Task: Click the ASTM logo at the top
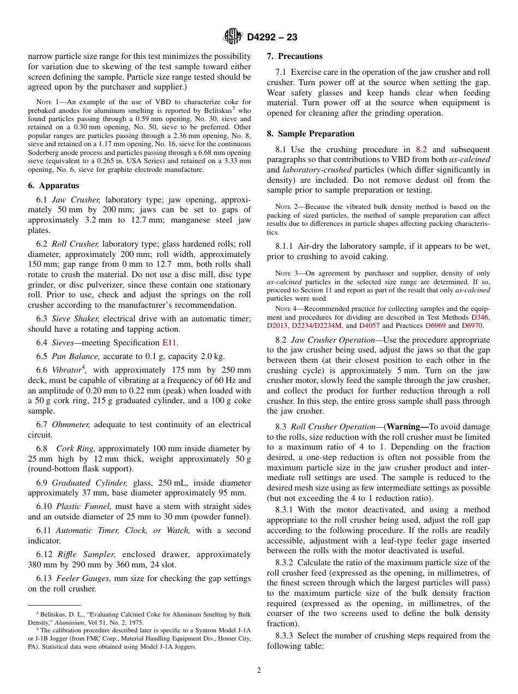233,37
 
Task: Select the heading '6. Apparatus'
53,186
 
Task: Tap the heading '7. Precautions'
294,56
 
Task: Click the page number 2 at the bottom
259,671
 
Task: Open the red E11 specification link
169,343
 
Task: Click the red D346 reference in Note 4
480,317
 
